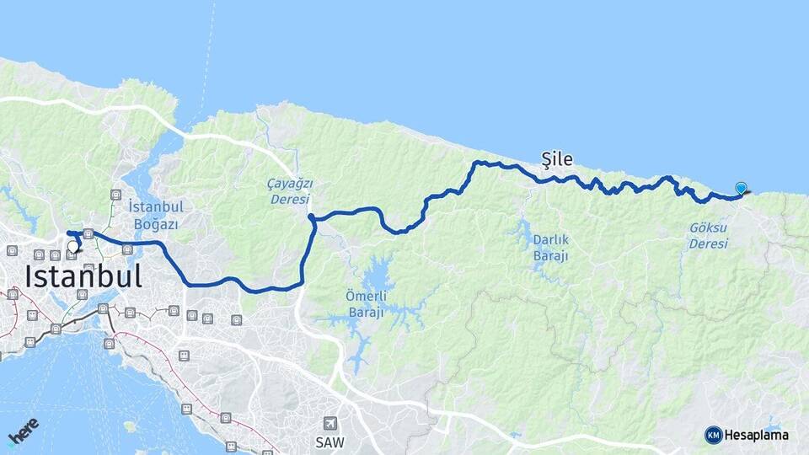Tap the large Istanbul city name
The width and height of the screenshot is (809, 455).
(83, 276)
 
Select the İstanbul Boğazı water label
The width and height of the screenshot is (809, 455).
(157, 215)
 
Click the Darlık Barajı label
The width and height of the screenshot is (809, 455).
(550, 247)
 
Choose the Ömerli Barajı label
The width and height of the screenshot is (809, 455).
(366, 304)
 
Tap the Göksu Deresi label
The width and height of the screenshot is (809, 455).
(708, 235)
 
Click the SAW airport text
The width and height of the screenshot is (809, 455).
(330, 442)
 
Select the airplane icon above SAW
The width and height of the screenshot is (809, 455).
(331, 423)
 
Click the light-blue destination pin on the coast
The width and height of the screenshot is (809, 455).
(741, 189)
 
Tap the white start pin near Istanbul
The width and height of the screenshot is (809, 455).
(72, 247)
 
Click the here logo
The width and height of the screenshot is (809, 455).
(23, 431)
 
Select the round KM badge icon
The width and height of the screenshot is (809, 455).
(714, 435)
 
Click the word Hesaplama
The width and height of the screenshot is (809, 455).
(757, 435)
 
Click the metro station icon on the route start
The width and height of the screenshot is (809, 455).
(88, 233)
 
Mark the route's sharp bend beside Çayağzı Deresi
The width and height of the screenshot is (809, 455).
(312, 218)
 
